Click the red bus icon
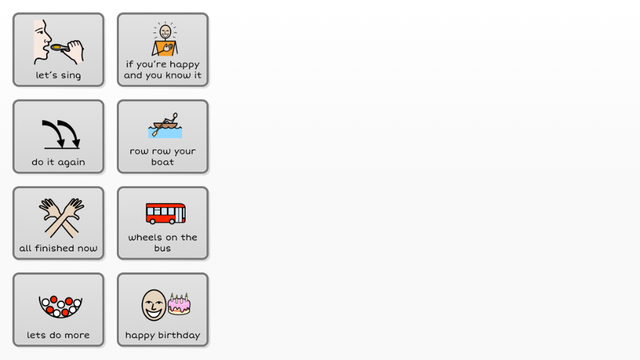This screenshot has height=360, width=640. click(x=166, y=213)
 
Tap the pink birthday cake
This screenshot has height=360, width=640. click(x=179, y=304)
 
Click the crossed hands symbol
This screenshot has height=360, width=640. click(x=61, y=217)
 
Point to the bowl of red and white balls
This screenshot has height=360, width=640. click(x=61, y=306)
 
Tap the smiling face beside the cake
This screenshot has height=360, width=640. click(x=154, y=305)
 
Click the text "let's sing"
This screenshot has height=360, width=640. click(x=58, y=76)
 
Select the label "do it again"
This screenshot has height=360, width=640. click(x=58, y=162)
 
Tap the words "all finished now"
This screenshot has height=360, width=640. click(x=58, y=249)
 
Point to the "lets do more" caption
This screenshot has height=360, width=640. click(x=58, y=336)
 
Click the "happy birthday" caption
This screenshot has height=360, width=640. click(x=162, y=336)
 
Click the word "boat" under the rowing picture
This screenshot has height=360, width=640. click(x=162, y=162)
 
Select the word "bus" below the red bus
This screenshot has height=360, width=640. click(x=162, y=249)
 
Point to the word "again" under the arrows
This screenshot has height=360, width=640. click(x=71, y=162)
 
